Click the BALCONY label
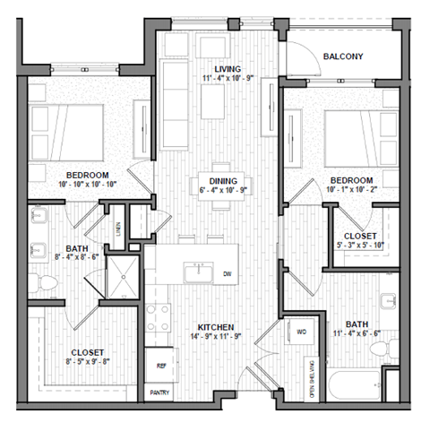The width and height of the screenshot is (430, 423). [x=343, y=56]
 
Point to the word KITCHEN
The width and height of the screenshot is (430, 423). [x=216, y=327]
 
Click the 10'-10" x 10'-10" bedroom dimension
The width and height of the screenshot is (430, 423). [x=87, y=186]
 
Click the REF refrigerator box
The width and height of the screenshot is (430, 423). [x=162, y=366]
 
